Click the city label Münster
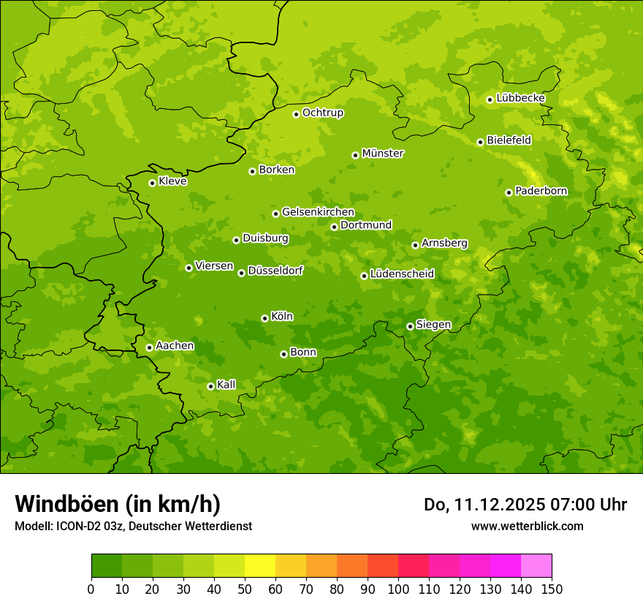point(383,154)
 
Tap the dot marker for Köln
point(265,318)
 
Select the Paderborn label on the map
point(541,191)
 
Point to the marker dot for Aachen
point(149,347)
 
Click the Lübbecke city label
point(520,98)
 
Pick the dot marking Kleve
point(152,183)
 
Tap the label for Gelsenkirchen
point(318,212)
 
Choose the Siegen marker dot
point(410,326)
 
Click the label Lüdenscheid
point(402,274)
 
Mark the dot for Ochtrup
point(296,114)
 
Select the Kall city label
point(227,385)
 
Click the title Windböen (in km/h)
point(118,504)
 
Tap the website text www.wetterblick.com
point(527,526)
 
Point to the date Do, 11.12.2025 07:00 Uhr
point(525,505)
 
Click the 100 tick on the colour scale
point(398,589)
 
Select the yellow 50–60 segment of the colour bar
point(260,566)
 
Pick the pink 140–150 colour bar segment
point(536,566)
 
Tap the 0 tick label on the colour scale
point(91,589)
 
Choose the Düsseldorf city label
point(275,271)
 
